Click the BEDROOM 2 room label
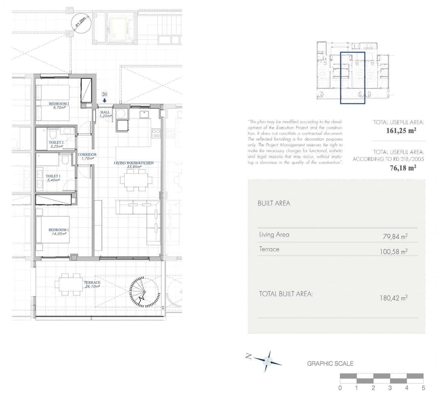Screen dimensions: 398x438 (59, 104)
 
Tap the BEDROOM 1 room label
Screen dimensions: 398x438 (59, 230)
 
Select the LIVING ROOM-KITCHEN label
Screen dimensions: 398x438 (134, 163)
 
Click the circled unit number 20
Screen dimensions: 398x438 (104, 95)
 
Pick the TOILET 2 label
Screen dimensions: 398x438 (56, 143)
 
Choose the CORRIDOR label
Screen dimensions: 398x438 (87, 155)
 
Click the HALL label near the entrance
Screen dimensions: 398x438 (105, 112)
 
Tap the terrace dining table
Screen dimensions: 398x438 (69, 284)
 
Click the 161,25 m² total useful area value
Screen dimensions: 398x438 (401, 131)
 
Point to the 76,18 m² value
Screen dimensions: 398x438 (403, 168)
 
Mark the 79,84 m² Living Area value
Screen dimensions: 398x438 (395, 236)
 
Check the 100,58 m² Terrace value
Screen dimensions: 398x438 (394, 252)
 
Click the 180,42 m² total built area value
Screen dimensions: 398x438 (394, 298)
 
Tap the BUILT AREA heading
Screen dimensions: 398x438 (274, 203)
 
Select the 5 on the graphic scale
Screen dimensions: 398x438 (423, 388)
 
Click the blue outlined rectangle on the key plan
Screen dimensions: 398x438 (352, 78)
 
